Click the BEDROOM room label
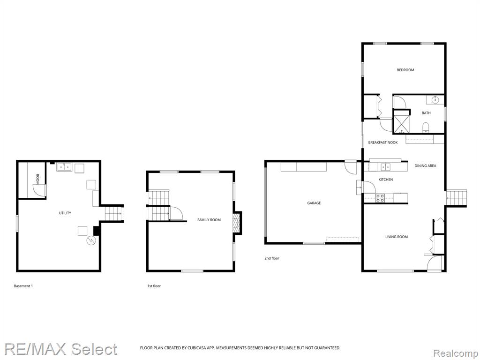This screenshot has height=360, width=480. click(405, 70)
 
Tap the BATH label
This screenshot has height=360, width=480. click(426, 113)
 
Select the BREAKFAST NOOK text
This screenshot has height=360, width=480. click(383, 142)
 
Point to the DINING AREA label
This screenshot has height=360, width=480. click(425, 165)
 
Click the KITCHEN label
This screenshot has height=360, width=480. click(386, 180)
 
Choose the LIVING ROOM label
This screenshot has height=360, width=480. click(397, 237)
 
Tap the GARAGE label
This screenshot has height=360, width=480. click(314, 203)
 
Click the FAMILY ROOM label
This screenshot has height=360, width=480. click(209, 220)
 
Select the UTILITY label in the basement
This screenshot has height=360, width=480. click(65, 213)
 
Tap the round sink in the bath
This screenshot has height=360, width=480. click(435, 100)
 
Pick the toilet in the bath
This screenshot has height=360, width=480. click(426, 127)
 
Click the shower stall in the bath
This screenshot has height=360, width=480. click(401, 121)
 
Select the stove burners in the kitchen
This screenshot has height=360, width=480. click(380, 198)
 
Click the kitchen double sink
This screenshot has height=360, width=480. click(385, 167)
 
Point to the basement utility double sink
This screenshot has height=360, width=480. click(64, 167)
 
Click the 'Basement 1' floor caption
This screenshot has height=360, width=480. click(23, 286)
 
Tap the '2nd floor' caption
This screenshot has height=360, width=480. click(272, 258)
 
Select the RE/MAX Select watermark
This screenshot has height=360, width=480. click(60, 349)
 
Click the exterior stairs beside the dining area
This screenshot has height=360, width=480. click(456, 198)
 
